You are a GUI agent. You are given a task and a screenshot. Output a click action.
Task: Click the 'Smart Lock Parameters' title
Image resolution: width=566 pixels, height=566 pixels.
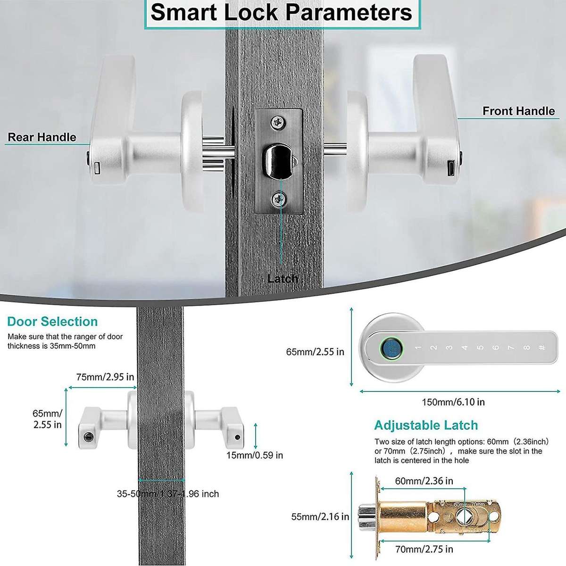[x=282, y=13]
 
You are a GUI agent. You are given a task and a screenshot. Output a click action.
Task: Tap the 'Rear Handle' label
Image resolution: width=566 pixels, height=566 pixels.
[x=42, y=137]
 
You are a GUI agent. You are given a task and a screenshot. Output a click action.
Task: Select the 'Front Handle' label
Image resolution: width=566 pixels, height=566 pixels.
[x=518, y=111]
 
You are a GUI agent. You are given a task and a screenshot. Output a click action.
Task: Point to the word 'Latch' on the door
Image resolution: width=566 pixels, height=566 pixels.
[x=283, y=279]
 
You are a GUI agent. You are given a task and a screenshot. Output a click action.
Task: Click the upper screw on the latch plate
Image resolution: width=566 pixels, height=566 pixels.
[x=279, y=123]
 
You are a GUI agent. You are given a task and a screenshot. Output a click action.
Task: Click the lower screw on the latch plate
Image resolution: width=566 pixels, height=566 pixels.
[x=279, y=200]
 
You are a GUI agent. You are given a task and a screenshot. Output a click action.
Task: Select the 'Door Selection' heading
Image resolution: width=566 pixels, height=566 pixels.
[x=52, y=322]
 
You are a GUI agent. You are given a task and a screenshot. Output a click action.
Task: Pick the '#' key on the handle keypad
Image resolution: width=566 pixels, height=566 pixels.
[x=542, y=348]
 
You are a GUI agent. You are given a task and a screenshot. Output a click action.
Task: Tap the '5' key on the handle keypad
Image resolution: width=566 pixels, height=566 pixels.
[x=480, y=348]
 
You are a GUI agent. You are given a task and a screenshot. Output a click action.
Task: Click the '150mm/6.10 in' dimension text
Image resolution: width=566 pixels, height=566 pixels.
[x=453, y=402]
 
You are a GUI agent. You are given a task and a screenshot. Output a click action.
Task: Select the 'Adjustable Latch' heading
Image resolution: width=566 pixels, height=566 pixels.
[x=426, y=425]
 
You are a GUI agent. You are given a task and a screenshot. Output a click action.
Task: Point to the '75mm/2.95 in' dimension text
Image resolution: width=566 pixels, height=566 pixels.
[x=105, y=377]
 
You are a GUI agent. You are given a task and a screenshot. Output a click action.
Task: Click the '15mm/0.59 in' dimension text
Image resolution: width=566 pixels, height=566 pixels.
[x=255, y=455]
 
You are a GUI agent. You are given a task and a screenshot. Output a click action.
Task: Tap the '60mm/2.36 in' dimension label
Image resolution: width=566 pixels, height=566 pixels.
[x=424, y=481]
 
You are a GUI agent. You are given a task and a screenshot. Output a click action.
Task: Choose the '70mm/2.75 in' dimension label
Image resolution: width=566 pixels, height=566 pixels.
[x=424, y=549]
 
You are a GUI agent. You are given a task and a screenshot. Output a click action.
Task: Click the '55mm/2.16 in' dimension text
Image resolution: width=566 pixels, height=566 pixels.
[x=320, y=516]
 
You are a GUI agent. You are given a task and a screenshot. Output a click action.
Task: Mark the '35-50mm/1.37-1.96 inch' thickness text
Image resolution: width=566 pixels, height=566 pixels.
[x=168, y=494]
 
